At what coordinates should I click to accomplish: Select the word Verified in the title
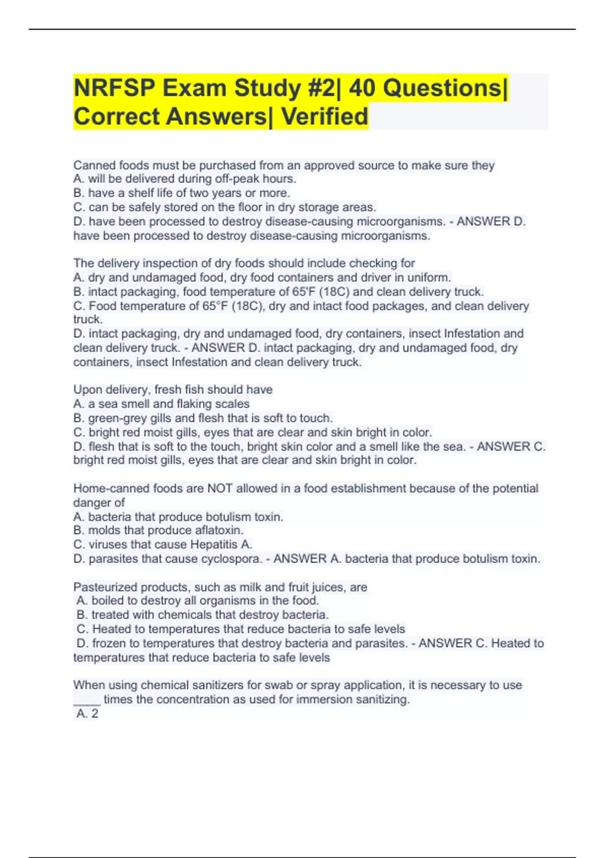[325, 117]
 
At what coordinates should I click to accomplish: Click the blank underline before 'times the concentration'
[87, 701]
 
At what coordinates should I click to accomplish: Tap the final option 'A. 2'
[87, 714]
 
